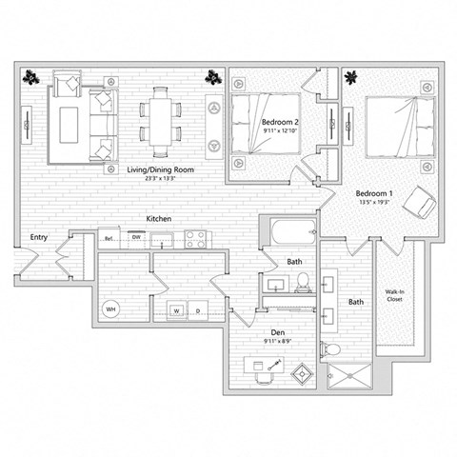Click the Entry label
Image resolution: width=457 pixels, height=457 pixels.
point(39,237)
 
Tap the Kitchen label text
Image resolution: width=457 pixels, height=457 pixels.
point(158,219)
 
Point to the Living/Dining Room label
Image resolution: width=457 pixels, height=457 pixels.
point(161,169)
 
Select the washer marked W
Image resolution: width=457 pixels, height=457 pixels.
point(177,309)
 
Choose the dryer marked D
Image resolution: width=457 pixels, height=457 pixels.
point(197,309)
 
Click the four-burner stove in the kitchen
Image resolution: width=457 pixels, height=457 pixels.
point(196,239)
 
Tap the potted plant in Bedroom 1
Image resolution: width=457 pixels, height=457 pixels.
point(349,77)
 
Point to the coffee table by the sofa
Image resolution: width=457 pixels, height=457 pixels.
point(69,122)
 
